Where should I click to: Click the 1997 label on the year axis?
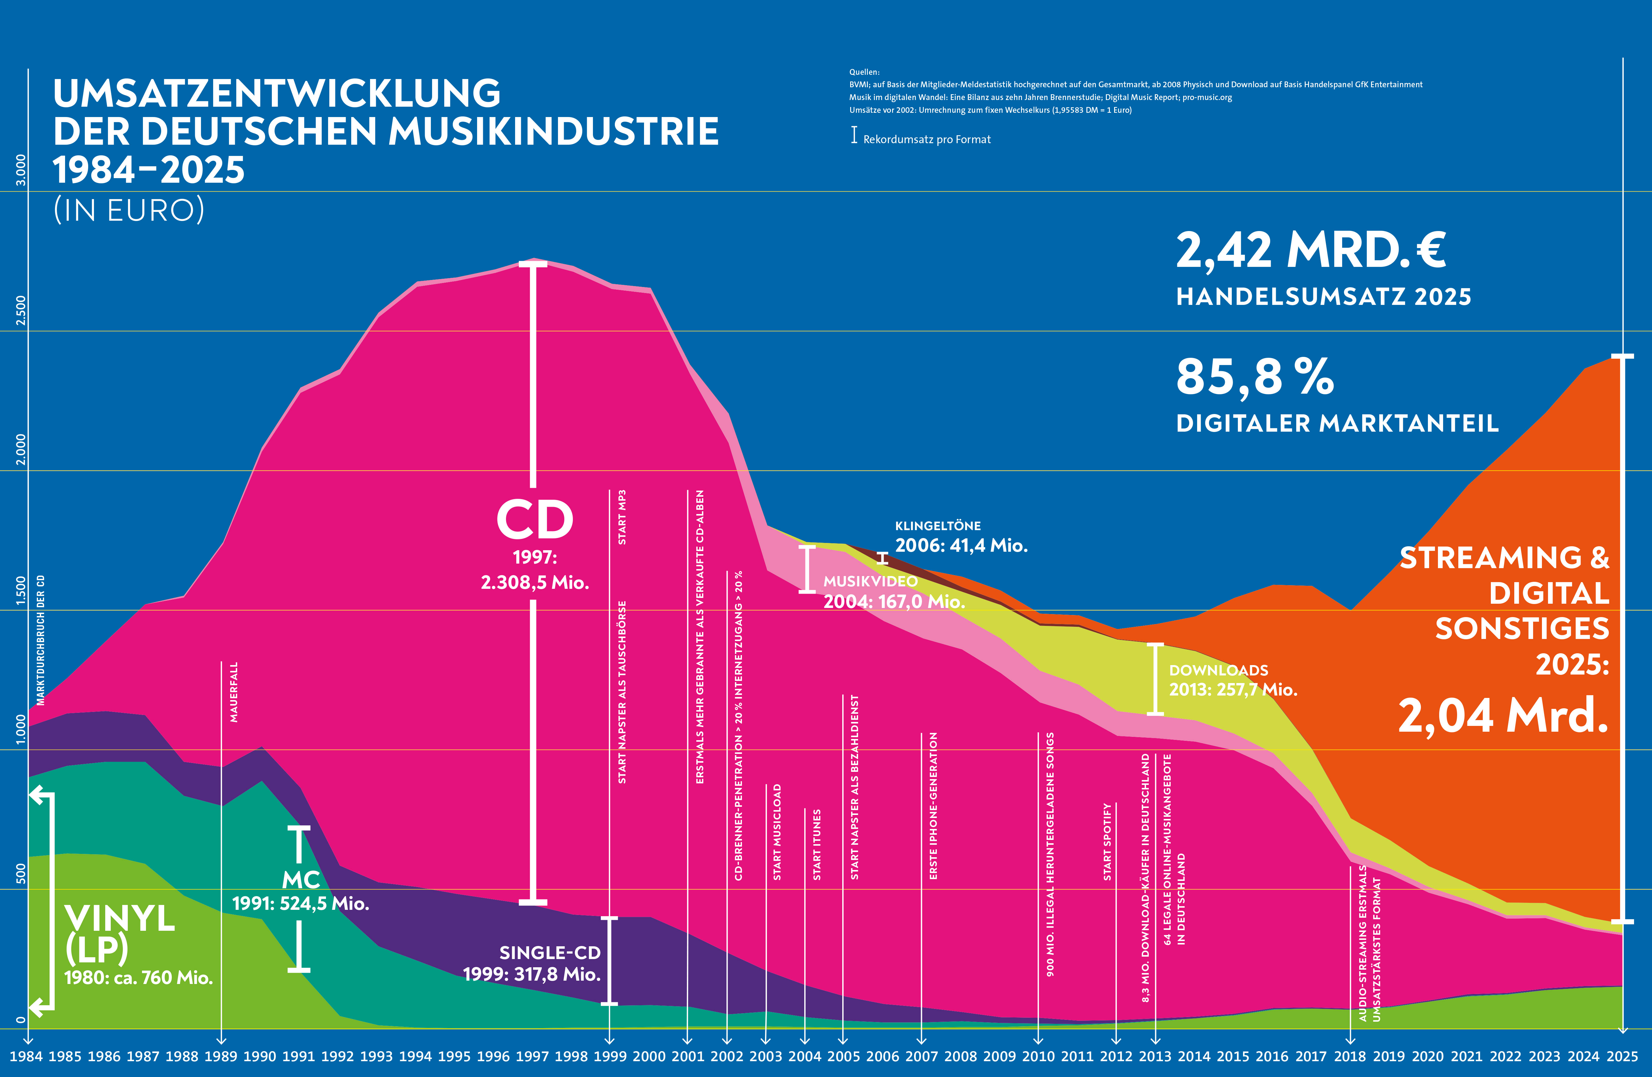532,1056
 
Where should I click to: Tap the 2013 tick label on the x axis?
1155,1056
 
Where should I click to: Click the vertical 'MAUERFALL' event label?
234,692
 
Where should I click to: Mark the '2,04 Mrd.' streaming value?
1503,716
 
